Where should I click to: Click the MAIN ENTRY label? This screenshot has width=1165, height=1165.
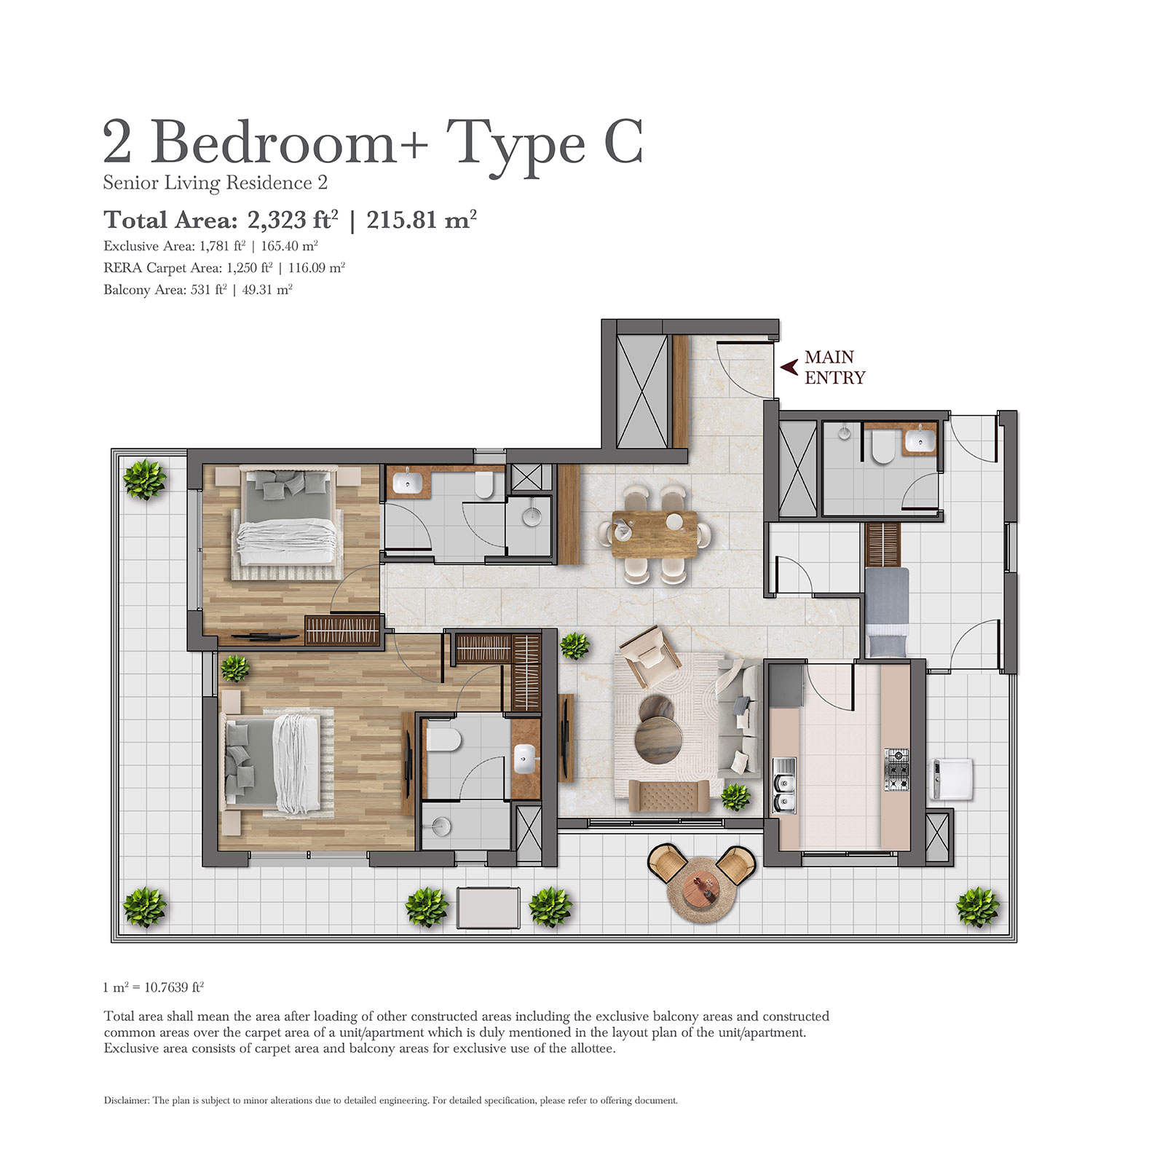[834, 367]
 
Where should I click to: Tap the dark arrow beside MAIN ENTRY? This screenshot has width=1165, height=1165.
[789, 367]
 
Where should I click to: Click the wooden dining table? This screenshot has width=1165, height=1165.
[654, 534]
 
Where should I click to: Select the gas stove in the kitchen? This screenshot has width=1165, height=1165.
[896, 770]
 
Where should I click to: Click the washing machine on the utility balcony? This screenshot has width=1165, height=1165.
[952, 778]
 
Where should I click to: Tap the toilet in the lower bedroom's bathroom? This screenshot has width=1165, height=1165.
[444, 740]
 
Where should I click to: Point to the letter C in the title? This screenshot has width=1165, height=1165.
[623, 143]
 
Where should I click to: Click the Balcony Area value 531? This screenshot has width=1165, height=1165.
[200, 290]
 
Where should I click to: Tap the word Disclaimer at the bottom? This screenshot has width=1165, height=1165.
[126, 1100]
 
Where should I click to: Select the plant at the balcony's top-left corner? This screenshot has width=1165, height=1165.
[144, 479]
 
